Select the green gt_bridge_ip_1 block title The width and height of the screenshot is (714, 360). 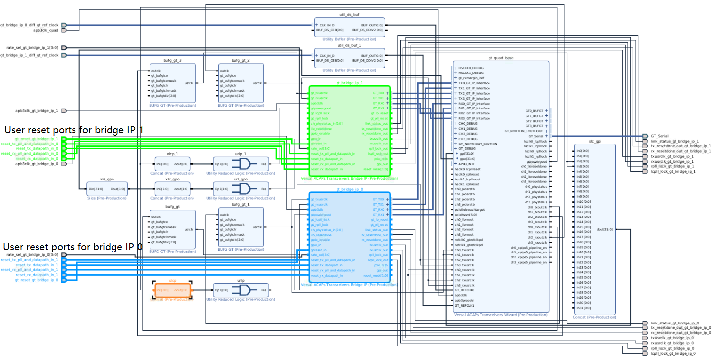point(349,83)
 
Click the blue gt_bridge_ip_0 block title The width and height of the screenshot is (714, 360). point(349,189)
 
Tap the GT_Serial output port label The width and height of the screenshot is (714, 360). point(659,136)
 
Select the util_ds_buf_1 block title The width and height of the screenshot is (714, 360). point(349,45)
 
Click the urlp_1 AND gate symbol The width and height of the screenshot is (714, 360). point(243,164)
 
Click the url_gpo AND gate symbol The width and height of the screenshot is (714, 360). point(243,189)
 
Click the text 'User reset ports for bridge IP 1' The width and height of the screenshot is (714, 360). point(74,130)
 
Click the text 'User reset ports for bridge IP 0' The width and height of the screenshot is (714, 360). point(73,247)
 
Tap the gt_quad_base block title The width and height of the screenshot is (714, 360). point(500,58)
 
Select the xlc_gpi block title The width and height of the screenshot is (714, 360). point(595,141)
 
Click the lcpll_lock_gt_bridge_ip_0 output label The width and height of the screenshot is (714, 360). point(673,353)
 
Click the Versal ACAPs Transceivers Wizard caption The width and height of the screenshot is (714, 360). point(500,315)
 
